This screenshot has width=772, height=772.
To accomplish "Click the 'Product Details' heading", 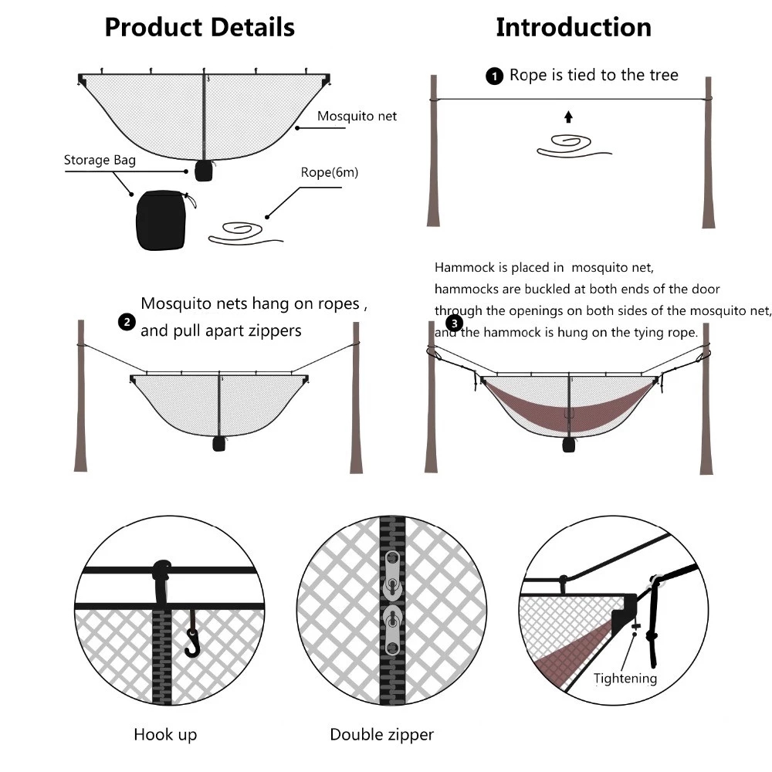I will tap(199, 28).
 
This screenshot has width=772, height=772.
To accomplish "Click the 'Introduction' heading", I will tap(573, 28).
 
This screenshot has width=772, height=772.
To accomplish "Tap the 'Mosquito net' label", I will tap(357, 116).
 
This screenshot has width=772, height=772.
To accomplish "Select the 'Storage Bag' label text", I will tap(100, 161).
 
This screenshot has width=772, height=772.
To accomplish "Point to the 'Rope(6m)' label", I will tap(329, 172).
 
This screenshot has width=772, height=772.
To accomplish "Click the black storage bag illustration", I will tap(161, 221).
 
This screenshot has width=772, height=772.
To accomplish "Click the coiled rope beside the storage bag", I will tap(239, 232).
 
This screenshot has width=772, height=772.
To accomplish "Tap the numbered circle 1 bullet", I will tap(493, 76).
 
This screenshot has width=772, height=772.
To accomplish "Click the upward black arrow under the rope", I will tap(568, 117).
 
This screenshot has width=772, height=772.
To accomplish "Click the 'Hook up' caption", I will tap(165, 734).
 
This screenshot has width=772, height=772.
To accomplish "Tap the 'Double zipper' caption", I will tap(381, 734).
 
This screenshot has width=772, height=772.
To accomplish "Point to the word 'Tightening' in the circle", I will tap(625, 679).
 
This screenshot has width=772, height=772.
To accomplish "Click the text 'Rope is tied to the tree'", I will tap(594, 75).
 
